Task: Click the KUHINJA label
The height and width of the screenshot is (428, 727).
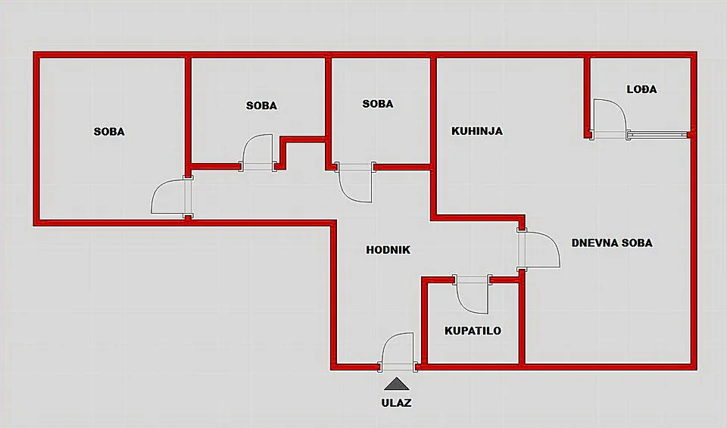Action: click(x=477, y=131)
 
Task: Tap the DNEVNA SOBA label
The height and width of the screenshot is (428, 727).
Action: click(x=612, y=243)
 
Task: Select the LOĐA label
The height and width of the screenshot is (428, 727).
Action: click(x=641, y=89)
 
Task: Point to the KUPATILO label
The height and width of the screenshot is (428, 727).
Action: click(x=473, y=330)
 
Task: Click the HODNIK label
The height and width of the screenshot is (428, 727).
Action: click(x=388, y=250)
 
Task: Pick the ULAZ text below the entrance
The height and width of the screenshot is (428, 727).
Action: click(x=396, y=402)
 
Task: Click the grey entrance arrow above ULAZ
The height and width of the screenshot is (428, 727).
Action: click(x=396, y=384)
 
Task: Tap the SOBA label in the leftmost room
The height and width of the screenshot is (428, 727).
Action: click(x=109, y=132)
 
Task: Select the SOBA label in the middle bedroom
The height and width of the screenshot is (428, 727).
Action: click(x=261, y=106)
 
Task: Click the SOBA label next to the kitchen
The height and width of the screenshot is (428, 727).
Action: click(x=378, y=104)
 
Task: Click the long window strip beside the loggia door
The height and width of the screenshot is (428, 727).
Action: click(x=658, y=135)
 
